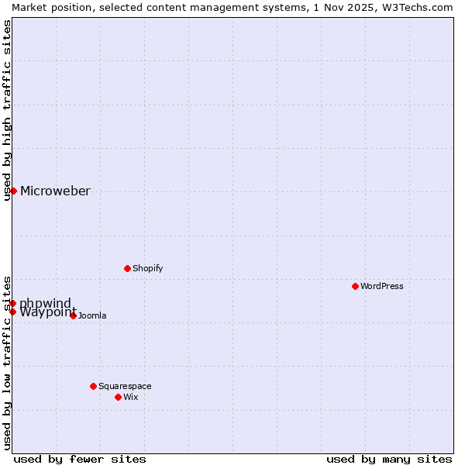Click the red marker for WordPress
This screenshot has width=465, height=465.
click(x=356, y=286)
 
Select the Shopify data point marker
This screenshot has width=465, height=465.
click(x=127, y=268)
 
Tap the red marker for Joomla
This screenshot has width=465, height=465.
click(x=74, y=315)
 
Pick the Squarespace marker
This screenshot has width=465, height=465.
click(x=94, y=386)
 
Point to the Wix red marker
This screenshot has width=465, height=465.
click(x=119, y=397)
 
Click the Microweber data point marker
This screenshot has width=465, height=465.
click(x=13, y=191)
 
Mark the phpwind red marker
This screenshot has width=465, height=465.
click(x=13, y=303)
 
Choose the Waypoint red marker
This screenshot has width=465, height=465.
click(x=13, y=312)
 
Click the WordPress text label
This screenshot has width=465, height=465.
click(x=382, y=286)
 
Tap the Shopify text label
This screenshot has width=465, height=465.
click(x=147, y=268)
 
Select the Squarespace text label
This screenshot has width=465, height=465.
click(x=125, y=386)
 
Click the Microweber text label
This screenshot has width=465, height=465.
click(x=55, y=191)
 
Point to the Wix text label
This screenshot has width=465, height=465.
click(x=131, y=397)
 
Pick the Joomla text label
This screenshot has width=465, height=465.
click(x=92, y=315)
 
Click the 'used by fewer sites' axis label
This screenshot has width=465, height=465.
click(x=80, y=459)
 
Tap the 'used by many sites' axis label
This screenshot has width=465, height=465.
click(x=389, y=459)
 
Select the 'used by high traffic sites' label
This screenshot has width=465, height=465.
click(x=8, y=110)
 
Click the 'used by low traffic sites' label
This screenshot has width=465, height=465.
click(x=8, y=363)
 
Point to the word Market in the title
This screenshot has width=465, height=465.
click(x=30, y=7)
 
